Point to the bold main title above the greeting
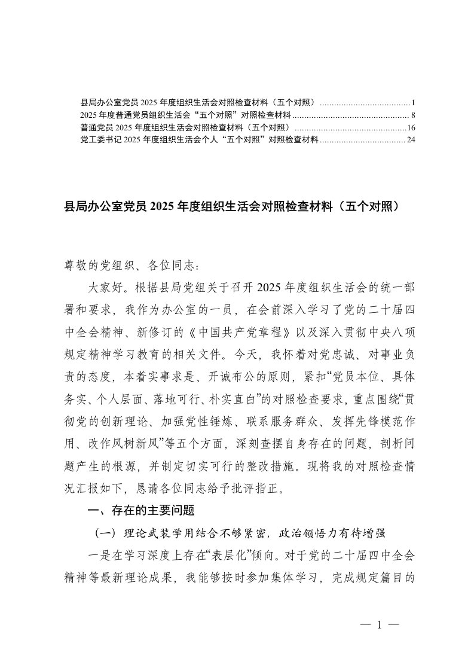pos(236,207)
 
